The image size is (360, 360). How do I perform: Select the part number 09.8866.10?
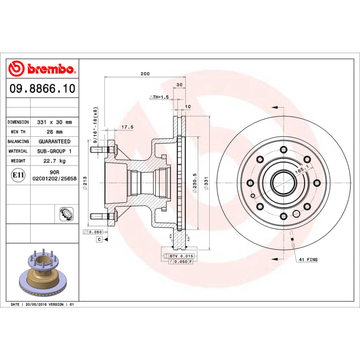point(42,89)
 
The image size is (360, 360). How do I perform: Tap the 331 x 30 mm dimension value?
point(54,122)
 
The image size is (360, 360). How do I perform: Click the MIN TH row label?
point(18,132)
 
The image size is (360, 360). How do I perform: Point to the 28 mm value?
point(54,132)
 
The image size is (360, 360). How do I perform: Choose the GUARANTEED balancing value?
point(54,141)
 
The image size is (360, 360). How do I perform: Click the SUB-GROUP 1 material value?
point(54,151)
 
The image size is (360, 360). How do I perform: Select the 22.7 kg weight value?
point(54,161)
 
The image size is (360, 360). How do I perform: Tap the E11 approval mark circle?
point(18,175)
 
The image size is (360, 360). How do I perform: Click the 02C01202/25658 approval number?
point(54,179)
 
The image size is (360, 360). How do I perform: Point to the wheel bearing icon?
point(66,214)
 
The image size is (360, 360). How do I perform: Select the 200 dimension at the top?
point(145,74)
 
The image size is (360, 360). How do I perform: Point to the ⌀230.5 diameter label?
point(194,184)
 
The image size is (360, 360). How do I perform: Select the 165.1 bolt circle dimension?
point(301,170)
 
